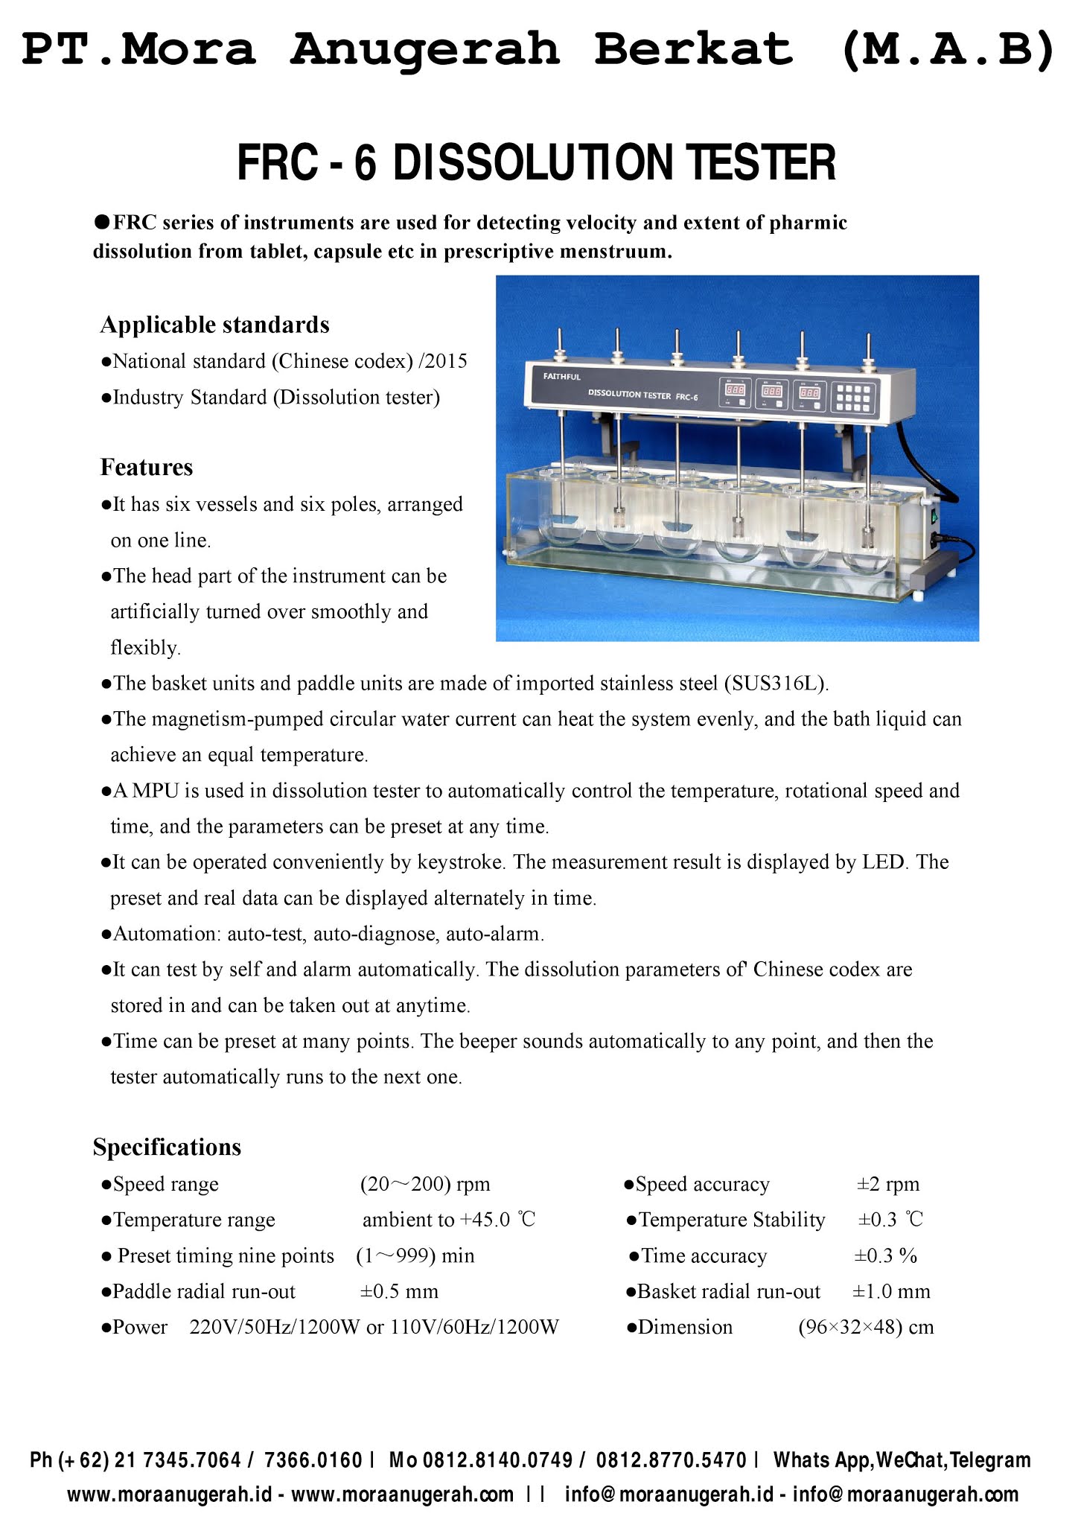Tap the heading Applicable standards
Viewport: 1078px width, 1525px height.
click(214, 325)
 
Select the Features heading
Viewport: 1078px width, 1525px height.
click(147, 467)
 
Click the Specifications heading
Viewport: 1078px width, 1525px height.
click(167, 1147)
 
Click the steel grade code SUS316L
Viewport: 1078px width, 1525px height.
click(775, 684)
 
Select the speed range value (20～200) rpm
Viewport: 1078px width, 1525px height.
click(425, 1184)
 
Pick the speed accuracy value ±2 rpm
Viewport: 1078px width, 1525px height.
click(888, 1184)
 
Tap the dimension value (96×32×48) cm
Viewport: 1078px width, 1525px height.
click(866, 1327)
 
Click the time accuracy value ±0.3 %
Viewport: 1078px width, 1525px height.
click(885, 1255)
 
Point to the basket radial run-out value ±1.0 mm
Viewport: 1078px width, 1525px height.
click(891, 1291)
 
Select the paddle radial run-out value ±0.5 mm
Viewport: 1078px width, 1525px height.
click(400, 1291)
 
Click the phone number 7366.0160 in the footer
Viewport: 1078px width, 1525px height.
click(313, 1459)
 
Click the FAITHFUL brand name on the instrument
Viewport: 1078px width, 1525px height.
click(562, 377)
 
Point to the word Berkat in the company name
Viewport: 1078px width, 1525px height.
click(693, 48)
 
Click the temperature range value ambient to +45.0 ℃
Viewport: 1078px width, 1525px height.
click(449, 1220)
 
